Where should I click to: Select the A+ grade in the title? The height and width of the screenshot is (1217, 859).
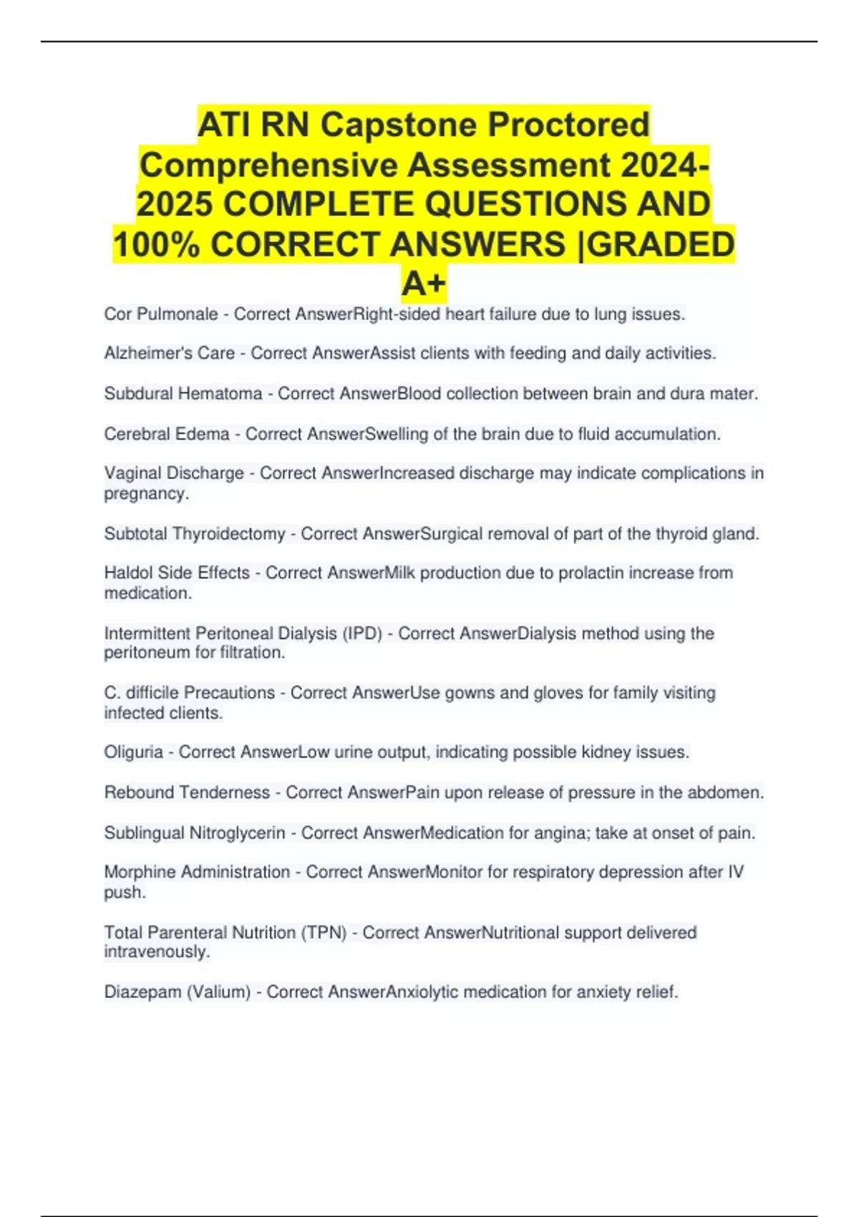424,283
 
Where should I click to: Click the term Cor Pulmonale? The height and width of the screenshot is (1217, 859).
161,314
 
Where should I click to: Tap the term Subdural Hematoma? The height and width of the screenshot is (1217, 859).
183,394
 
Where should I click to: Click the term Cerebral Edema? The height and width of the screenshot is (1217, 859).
167,434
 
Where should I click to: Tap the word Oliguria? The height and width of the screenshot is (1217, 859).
133,752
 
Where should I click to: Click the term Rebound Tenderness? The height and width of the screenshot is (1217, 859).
187,792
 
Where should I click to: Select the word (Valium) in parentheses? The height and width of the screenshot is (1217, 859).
218,992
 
